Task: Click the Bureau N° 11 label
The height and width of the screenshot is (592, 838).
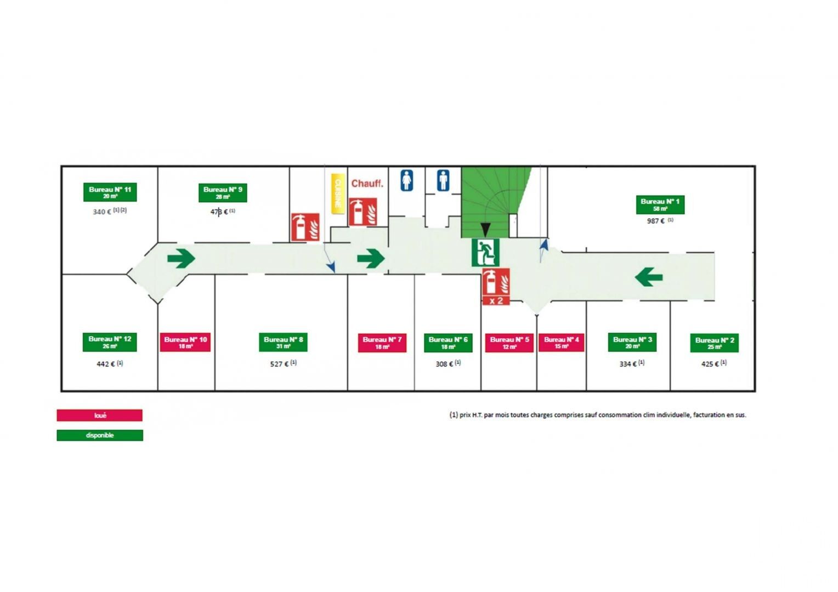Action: coord(110,192)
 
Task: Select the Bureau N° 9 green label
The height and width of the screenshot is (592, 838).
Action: coord(223,192)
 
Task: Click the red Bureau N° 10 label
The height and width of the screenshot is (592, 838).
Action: coord(185,342)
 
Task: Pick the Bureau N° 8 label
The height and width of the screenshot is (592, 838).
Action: coord(283,342)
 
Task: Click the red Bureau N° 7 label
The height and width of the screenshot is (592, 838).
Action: coord(382,343)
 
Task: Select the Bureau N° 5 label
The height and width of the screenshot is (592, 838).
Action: coord(509,343)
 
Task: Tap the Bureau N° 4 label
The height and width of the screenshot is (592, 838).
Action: coord(561,343)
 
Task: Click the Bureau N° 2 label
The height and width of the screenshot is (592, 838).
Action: coord(714,343)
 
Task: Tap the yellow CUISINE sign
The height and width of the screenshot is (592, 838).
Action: coord(338,193)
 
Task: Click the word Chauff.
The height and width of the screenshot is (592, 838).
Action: coord(367,184)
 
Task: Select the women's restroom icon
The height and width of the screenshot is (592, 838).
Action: coord(406,180)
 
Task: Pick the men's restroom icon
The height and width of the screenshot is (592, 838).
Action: coord(443,180)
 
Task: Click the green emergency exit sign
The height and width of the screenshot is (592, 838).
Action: coord(485,252)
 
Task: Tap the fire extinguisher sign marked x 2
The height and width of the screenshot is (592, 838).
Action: coord(496,287)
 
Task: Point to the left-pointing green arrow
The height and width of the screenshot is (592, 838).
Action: coord(649,277)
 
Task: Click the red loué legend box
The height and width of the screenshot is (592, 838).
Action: coord(99,415)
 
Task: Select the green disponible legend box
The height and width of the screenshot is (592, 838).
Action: coord(99,435)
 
